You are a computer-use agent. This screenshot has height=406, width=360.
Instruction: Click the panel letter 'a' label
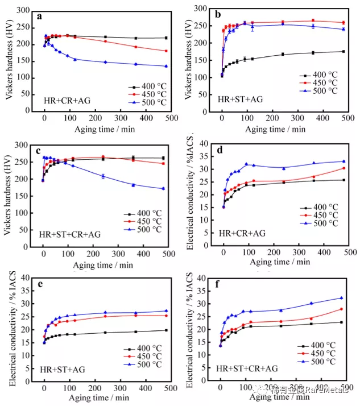(x=39, y=16)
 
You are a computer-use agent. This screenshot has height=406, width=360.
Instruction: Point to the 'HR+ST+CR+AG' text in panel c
(x=70, y=234)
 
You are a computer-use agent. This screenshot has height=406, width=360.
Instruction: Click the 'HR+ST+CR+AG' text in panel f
(x=248, y=368)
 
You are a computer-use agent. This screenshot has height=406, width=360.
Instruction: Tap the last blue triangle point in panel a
(x=165, y=66)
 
